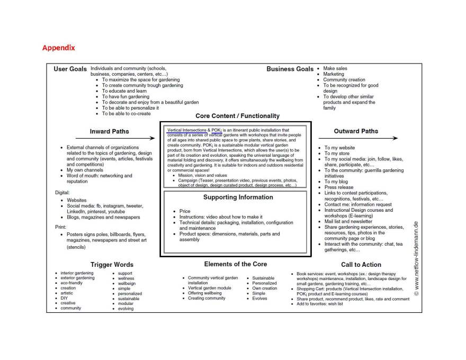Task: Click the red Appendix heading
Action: pos(59,48)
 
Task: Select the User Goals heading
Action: pos(70,69)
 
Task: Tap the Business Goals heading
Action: pos(290,69)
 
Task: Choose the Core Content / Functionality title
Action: pos(237,116)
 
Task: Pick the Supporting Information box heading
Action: pos(238,197)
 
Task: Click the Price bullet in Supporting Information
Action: pos(185,211)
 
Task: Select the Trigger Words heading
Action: pos(112,265)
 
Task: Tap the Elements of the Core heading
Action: pos(236,264)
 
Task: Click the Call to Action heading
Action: pos(361,265)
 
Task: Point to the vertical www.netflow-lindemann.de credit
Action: pos(416,258)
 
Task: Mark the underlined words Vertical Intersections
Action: pos(186,130)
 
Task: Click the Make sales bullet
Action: pos(335,68)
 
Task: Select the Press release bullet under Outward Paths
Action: pos(339,187)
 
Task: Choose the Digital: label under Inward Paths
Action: pos(62,192)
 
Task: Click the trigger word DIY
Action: pos(64,298)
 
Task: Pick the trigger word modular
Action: pos(126,304)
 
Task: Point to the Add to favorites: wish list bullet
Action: pos(320,304)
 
